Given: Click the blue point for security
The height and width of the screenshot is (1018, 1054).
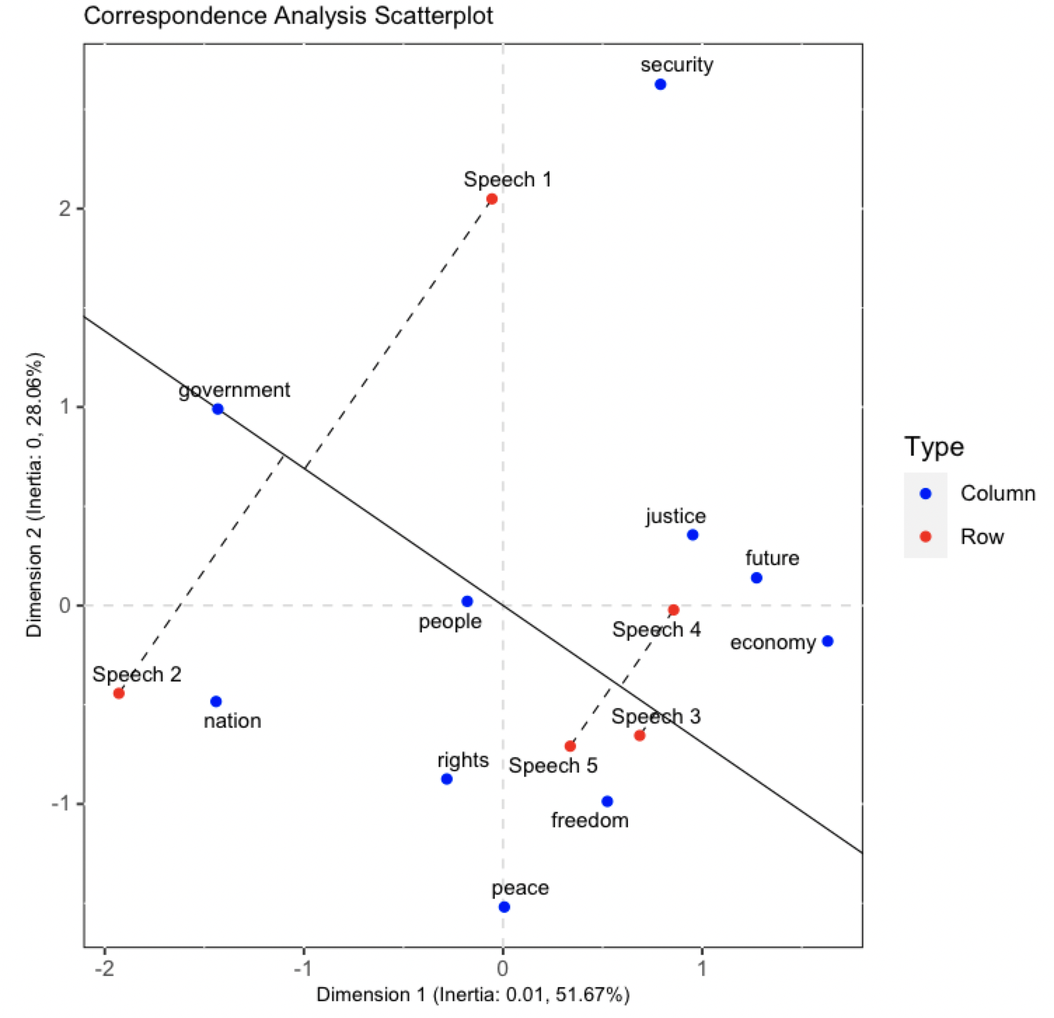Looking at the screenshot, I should click(659, 85).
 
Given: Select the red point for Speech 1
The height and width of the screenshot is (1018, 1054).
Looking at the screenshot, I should click(492, 199).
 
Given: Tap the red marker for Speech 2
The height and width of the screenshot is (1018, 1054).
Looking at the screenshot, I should click(119, 693).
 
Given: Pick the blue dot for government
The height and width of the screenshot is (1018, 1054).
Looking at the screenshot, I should click(218, 409).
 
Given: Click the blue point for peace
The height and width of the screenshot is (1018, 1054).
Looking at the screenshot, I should click(504, 907).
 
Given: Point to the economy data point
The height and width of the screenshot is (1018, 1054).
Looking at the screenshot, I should click(827, 642).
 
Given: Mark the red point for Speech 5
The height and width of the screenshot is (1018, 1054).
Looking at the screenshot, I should click(570, 746).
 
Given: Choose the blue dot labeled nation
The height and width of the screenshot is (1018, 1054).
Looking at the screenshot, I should click(216, 702).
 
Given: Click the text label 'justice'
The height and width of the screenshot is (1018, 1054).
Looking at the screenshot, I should click(676, 517).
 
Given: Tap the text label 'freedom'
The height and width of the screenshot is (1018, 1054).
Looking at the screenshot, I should click(589, 820).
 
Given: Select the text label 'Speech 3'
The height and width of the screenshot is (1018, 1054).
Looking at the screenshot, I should click(655, 717).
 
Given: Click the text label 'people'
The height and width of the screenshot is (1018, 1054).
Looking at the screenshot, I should click(450, 622).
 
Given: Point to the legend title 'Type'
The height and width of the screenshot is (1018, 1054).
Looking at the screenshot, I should click(933, 447).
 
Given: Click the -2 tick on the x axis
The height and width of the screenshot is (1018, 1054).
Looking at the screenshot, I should click(104, 969).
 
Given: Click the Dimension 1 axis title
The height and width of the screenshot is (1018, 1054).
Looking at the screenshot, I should click(473, 995).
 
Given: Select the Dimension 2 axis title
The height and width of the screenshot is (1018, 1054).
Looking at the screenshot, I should click(34, 494).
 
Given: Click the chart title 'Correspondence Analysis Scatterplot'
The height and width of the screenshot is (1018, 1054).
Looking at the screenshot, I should click(288, 15).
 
